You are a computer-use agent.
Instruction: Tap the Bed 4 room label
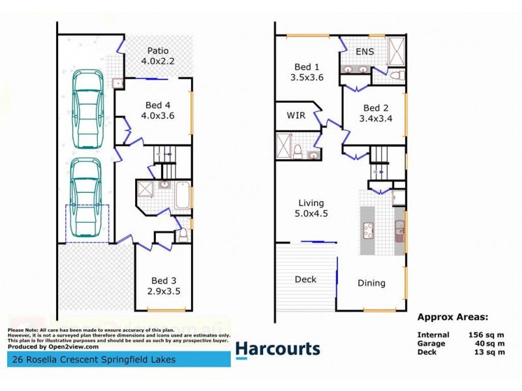point(159,111)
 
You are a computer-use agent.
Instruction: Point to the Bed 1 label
point(307,72)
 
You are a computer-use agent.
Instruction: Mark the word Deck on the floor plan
point(305,280)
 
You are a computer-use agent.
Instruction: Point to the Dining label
point(371,283)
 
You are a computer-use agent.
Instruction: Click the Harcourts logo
point(277,349)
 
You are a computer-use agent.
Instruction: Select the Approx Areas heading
point(452,319)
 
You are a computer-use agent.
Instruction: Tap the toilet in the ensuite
point(395,75)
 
